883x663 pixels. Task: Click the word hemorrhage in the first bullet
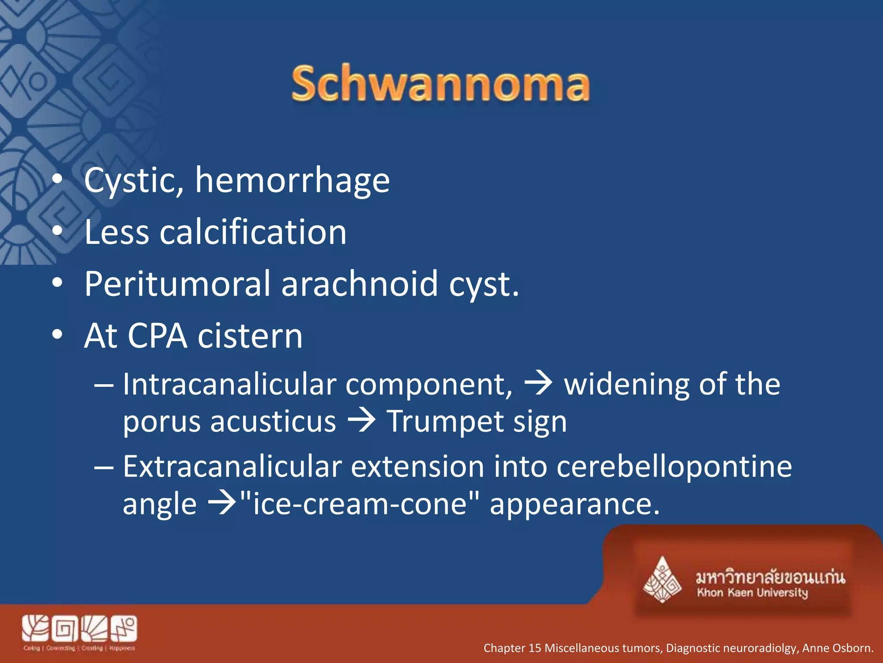[292, 180]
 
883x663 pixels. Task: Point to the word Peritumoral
[177, 284]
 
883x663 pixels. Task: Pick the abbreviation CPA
[157, 336]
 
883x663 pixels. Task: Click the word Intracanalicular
[229, 384]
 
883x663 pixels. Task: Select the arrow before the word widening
[538, 384]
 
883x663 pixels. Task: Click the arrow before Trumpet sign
[361, 421]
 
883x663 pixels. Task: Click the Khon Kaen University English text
[752, 593]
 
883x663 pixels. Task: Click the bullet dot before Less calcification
[57, 231]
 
